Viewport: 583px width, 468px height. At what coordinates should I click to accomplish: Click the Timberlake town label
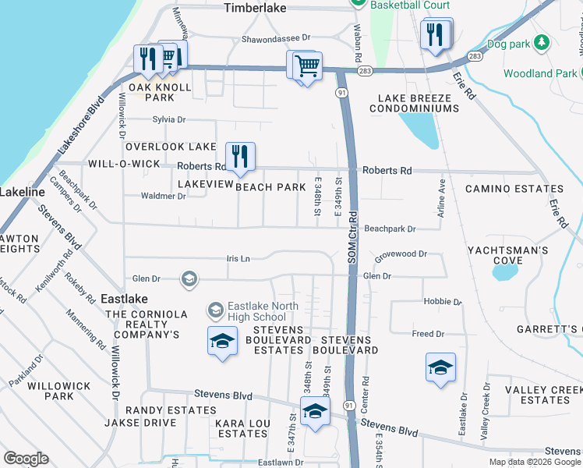coord(256,8)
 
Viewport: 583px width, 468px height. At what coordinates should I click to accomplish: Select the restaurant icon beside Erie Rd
coord(435,35)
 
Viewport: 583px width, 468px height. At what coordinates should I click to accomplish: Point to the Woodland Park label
coord(528,73)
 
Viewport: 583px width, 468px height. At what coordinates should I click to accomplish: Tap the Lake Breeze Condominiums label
coord(418,103)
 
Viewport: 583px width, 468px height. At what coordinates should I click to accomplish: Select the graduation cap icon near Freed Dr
coord(440,367)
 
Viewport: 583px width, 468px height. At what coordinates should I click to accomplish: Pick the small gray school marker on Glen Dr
coord(188,278)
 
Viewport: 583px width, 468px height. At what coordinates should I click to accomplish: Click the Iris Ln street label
coord(238,258)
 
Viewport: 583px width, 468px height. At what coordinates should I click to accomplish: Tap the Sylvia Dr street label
coord(169,120)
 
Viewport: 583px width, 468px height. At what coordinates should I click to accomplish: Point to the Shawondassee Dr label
coord(276,37)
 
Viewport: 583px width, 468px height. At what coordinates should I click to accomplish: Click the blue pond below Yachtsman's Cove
coord(505,272)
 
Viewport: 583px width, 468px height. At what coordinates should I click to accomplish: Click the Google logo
coord(26,459)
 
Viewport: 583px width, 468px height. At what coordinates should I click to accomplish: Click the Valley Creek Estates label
coord(542,395)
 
